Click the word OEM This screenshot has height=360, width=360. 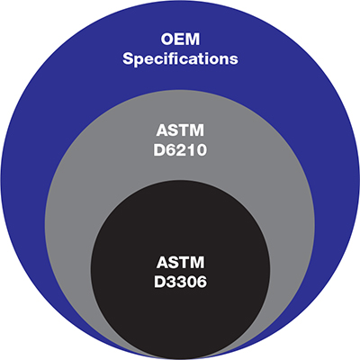180,40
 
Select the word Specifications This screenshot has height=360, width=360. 180,59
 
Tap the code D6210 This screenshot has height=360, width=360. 180,150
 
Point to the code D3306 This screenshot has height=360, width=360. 180,282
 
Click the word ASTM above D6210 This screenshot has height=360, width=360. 180,130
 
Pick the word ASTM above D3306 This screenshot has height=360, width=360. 180,263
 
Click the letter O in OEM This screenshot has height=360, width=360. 167,40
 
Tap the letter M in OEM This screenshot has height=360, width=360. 193,40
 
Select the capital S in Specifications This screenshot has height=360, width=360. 128,58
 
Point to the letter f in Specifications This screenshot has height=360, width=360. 175,58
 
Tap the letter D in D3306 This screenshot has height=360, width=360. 159,282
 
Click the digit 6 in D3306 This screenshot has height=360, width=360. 201,282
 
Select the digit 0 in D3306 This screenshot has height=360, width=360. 189,282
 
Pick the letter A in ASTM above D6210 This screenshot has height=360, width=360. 162,130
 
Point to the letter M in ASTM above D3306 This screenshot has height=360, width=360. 197,263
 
